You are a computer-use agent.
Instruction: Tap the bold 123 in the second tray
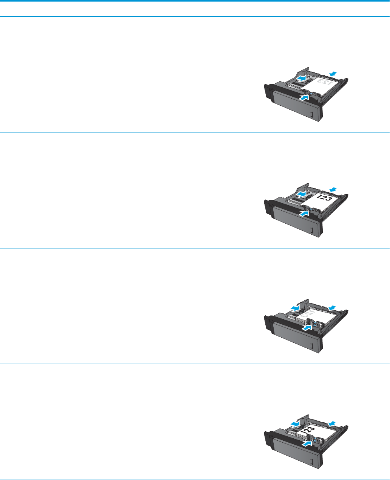tap(324, 199)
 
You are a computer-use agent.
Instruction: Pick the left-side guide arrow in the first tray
tap(300, 79)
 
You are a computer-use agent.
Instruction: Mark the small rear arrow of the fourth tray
tap(331, 423)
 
